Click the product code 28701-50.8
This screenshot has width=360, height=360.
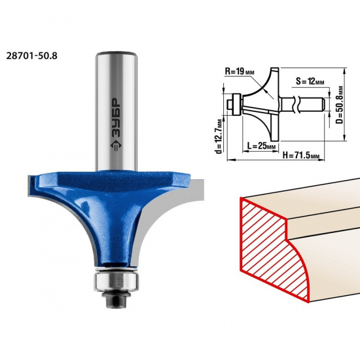[31, 56]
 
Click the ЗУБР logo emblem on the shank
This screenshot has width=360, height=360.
[115, 145]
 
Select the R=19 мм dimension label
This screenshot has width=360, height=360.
[240, 71]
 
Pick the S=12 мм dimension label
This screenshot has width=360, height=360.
[310, 81]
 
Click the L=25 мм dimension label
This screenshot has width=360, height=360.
[261, 145]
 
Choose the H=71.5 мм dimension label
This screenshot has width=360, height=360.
[301, 155]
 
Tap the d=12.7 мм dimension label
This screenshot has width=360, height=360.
[219, 136]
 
